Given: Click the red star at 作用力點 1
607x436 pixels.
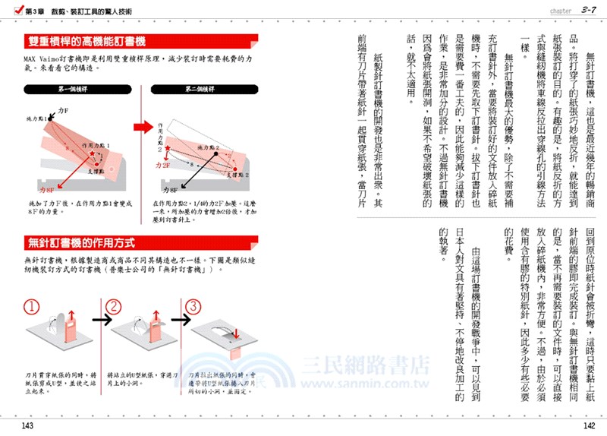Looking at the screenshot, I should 92,154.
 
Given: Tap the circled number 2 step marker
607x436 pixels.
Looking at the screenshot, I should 113,307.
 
